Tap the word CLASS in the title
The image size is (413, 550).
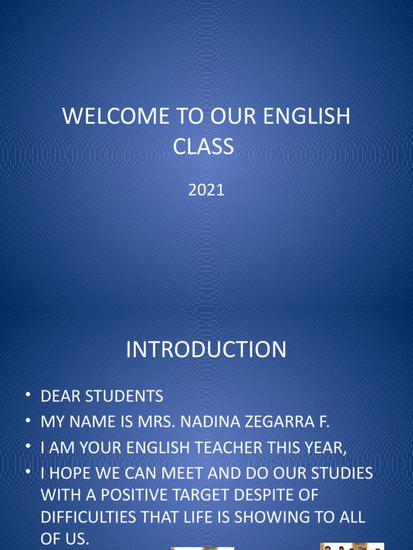pos(203,146)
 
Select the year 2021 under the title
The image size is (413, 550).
pos(206,190)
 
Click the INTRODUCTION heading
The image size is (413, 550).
pos(206,350)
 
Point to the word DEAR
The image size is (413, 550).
pos(60,397)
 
